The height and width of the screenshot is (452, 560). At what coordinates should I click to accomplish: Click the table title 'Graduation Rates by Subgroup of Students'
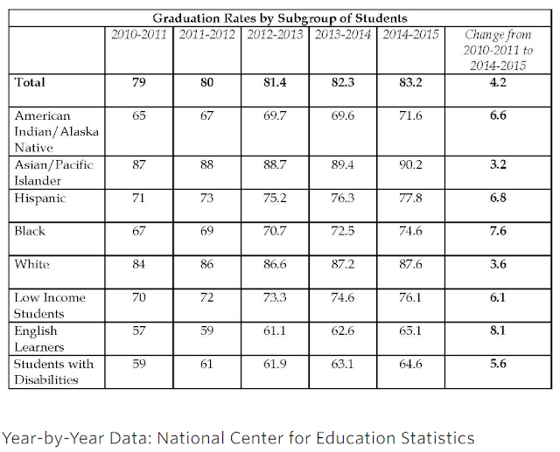point(280,17)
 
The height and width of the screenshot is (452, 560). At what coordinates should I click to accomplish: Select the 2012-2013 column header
point(275,34)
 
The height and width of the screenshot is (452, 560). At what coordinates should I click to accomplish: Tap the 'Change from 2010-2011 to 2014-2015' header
point(498,50)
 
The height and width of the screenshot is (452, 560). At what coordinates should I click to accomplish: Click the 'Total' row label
point(30,82)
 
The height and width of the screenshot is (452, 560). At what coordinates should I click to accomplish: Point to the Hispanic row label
point(40,198)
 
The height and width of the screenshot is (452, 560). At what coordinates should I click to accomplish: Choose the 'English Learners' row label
point(38,339)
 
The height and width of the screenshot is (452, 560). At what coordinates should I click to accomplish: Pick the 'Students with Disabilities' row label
point(53,372)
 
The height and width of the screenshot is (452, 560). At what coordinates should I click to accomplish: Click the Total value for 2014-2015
point(410,82)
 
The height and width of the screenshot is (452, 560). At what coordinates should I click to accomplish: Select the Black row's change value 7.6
point(498,231)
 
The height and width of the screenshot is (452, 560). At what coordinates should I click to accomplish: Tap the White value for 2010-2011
point(138,264)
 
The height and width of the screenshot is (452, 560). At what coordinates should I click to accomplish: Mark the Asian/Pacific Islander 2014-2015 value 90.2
point(410,164)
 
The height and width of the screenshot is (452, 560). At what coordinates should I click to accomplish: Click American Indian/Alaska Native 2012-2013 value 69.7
point(275,115)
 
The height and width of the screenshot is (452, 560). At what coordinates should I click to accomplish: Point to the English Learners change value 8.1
point(498,330)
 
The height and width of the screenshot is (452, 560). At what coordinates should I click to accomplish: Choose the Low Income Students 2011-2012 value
point(206,297)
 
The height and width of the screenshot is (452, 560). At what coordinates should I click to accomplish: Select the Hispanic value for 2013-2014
point(342,198)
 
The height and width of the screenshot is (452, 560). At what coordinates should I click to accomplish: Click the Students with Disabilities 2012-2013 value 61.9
point(275,364)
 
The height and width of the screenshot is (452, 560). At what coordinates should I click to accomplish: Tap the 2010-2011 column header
point(139,34)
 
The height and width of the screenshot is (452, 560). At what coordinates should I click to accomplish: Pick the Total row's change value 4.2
point(498,82)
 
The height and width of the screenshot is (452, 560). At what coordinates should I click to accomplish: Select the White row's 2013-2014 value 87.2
point(342,264)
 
